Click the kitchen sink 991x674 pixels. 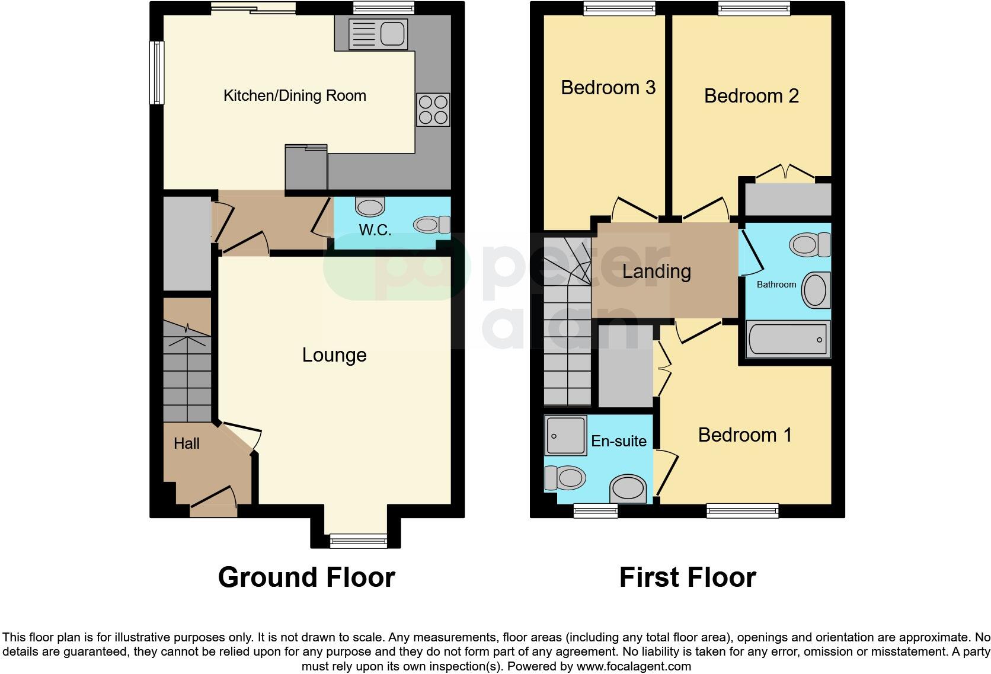click(378, 34)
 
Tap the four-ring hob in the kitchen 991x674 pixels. click(433, 110)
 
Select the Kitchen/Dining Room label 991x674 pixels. click(295, 95)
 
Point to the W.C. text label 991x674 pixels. click(375, 230)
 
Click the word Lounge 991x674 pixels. click(334, 355)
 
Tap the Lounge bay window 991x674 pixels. click(358, 539)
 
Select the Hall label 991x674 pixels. click(186, 443)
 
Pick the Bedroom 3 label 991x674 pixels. click(608, 88)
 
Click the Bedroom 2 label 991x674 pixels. click(751, 96)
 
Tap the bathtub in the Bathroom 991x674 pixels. click(788, 340)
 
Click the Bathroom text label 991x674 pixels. click(776, 285)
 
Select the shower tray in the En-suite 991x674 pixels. click(565, 436)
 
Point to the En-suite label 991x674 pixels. click(619, 441)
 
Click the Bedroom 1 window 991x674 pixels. click(742, 509)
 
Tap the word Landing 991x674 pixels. click(656, 271)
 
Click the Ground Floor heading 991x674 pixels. click(306, 577)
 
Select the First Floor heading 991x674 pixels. click(688, 577)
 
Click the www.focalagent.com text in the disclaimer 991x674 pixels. click(634, 666)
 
